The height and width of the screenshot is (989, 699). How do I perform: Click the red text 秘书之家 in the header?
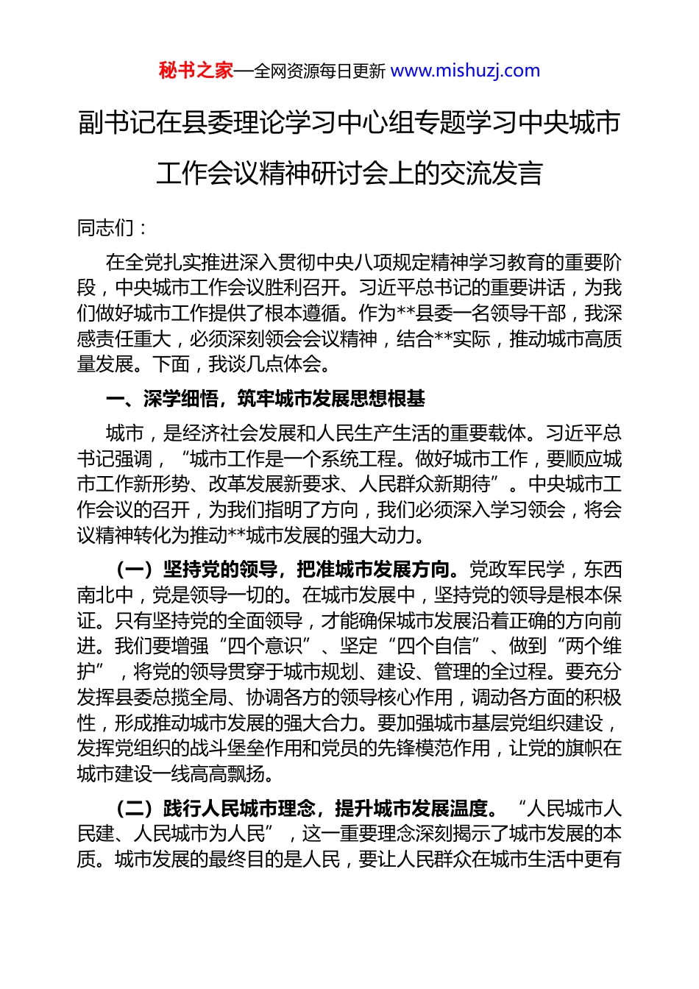pos(196,71)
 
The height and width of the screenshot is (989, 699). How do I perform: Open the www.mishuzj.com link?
pos(465,71)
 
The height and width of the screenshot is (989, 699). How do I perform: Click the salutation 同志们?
pos(106,228)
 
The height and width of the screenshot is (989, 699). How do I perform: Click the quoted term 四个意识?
pos(266,646)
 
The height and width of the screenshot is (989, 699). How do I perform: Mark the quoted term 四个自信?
pos(434,646)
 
